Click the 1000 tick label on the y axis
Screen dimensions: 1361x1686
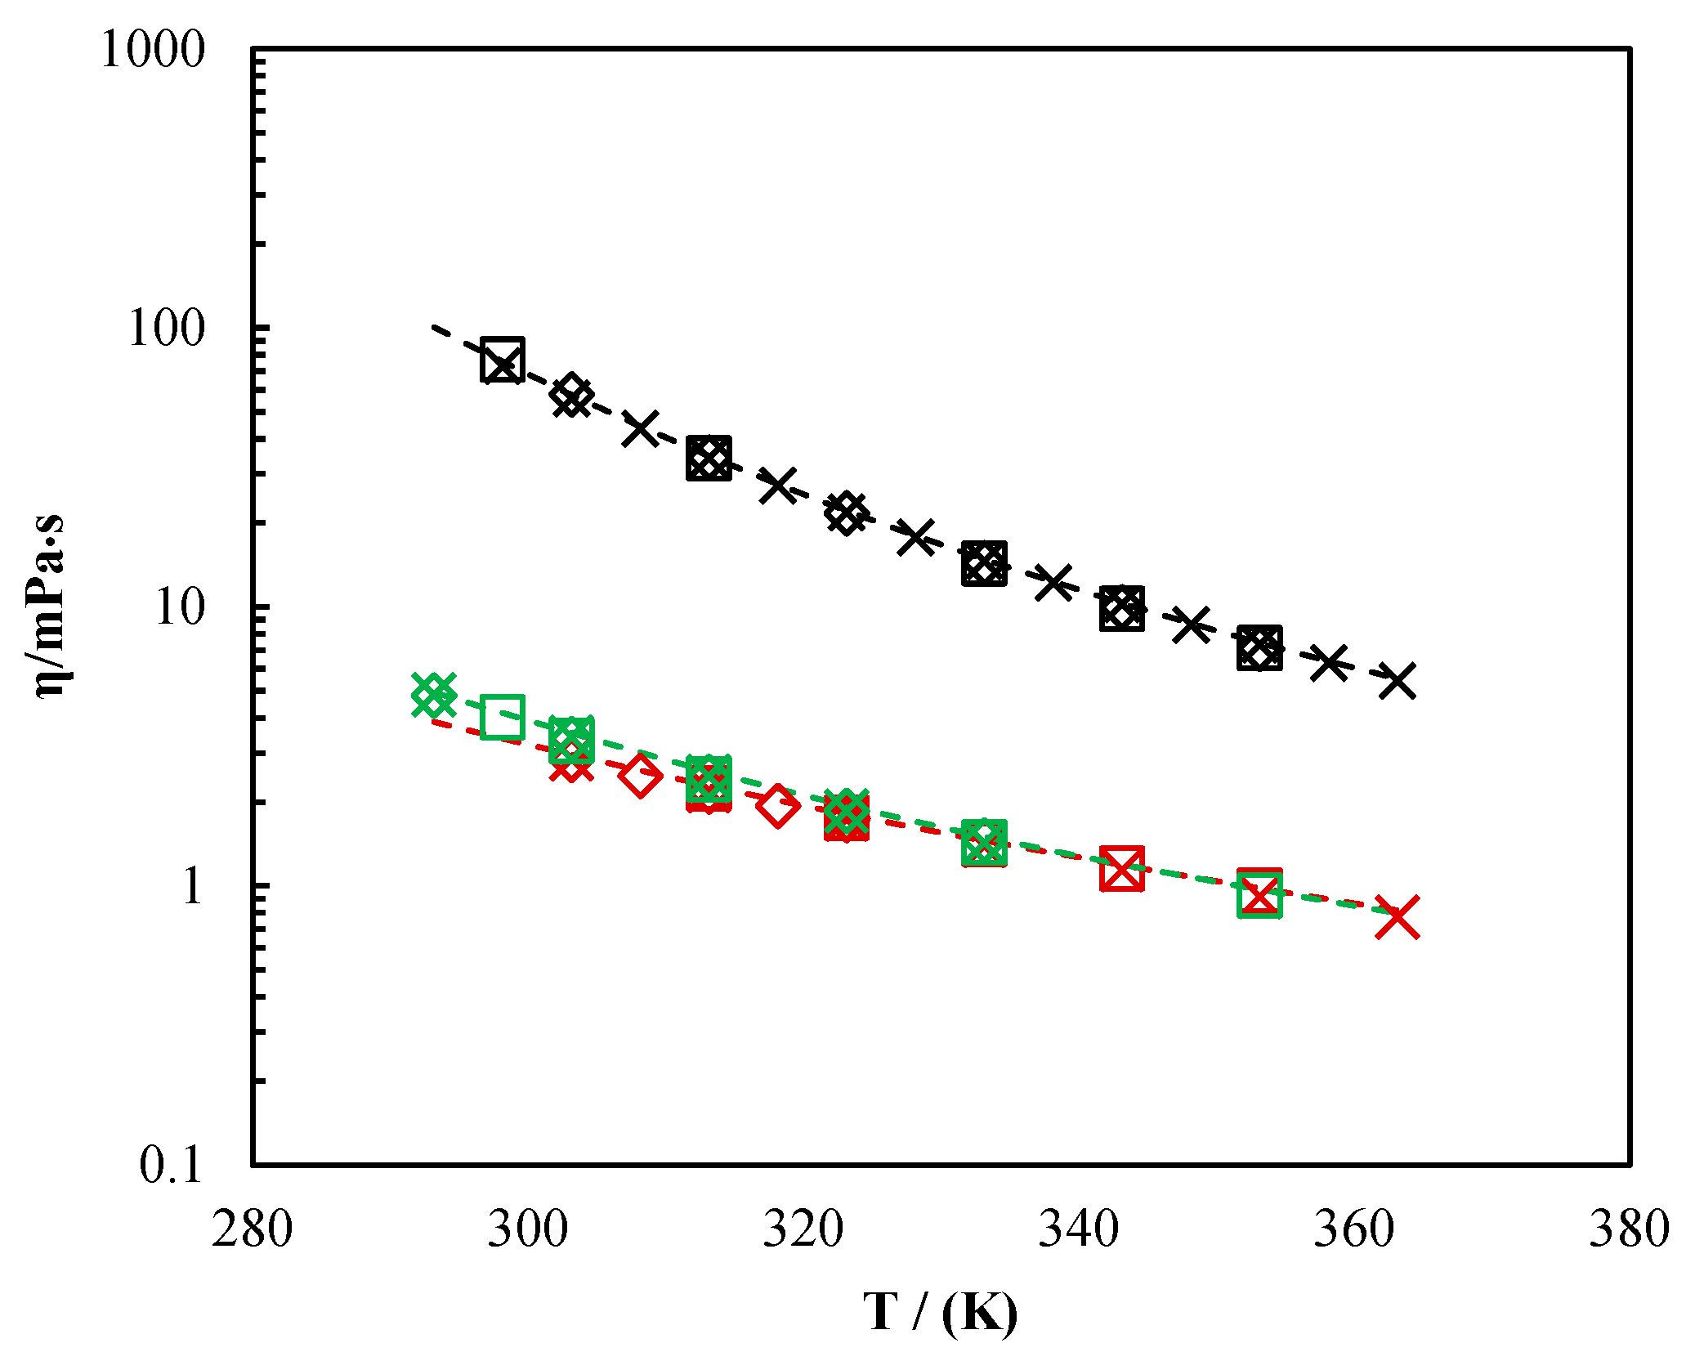click(x=152, y=50)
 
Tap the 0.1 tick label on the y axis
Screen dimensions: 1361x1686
click(x=170, y=1164)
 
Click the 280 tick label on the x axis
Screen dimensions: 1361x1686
click(x=252, y=1229)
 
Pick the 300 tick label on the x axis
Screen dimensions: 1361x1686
click(x=527, y=1229)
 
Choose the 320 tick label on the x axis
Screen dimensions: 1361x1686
click(x=803, y=1229)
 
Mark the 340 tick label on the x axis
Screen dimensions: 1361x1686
click(x=1078, y=1229)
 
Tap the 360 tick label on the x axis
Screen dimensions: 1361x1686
click(x=1353, y=1229)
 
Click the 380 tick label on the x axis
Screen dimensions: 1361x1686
click(x=1629, y=1229)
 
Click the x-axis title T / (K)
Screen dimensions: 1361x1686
click(x=941, y=1312)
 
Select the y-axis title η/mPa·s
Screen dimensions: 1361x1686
click(x=51, y=606)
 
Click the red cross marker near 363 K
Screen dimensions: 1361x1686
click(x=1397, y=916)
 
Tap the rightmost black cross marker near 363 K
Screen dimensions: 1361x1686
click(x=1397, y=680)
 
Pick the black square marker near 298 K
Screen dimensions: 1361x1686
click(x=503, y=360)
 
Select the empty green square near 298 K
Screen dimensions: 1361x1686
click(x=503, y=717)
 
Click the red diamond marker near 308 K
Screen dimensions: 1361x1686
click(x=640, y=775)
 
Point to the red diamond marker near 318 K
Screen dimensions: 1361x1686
click(x=777, y=806)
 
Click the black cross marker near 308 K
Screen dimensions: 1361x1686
click(x=640, y=428)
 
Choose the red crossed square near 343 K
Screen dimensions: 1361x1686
click(x=1121, y=868)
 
